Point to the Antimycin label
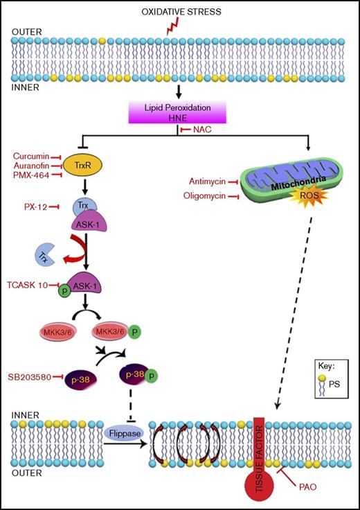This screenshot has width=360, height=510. [x=208, y=182]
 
